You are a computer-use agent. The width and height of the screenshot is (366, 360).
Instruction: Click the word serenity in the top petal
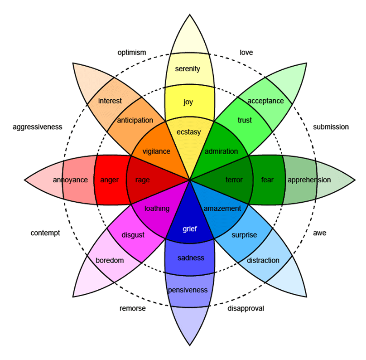(x=187, y=69)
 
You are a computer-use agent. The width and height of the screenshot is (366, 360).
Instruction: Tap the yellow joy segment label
(x=188, y=102)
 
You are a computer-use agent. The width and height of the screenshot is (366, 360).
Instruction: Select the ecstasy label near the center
(x=188, y=132)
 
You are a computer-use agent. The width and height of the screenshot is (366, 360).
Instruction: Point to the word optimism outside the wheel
(x=132, y=53)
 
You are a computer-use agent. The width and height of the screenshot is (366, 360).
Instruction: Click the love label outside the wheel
(x=246, y=53)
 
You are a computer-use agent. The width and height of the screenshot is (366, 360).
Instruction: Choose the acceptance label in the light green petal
(x=265, y=101)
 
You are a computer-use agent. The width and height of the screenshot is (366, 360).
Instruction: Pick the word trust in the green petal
(x=245, y=120)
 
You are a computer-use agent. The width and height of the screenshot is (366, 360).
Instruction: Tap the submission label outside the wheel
(x=331, y=127)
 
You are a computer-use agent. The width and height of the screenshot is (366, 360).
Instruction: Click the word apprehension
(x=309, y=180)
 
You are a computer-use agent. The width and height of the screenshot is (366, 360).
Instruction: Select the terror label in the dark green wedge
(x=234, y=180)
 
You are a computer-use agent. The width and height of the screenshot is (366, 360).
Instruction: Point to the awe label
(x=319, y=233)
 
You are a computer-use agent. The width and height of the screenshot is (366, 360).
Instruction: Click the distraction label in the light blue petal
(x=263, y=260)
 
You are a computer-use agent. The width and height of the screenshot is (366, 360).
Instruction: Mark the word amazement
(x=222, y=209)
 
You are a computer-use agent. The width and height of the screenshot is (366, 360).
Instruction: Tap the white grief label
(x=189, y=229)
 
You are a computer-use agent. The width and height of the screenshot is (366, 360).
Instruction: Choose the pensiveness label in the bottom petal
(x=188, y=290)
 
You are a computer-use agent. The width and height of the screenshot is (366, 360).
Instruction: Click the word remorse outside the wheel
(x=132, y=308)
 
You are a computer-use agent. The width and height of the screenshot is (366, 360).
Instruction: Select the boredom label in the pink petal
(x=110, y=260)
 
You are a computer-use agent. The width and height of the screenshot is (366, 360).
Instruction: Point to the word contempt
(x=45, y=233)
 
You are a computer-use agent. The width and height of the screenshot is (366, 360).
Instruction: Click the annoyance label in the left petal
(x=70, y=180)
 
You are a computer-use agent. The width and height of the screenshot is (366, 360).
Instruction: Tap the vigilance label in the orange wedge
(x=156, y=151)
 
